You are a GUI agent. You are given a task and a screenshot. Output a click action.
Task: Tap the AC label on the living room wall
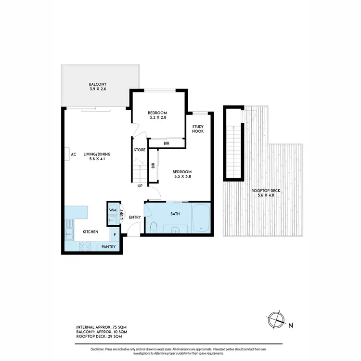pyautogui.click(x=74, y=155)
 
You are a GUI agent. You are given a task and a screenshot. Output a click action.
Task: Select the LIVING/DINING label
pyautogui.click(x=97, y=155)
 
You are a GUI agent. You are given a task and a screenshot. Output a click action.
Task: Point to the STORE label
pyautogui.click(x=140, y=150)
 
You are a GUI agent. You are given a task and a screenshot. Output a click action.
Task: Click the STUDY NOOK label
pyautogui.click(x=198, y=129)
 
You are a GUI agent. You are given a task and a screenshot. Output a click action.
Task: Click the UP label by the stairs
pyautogui.click(x=140, y=186)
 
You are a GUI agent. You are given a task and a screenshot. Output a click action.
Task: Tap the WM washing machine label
pyautogui.click(x=112, y=210)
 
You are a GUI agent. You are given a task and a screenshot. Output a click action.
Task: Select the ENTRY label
pyautogui.click(x=135, y=217)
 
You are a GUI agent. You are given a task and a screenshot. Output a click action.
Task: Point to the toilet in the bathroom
pyautogui.click(x=153, y=227)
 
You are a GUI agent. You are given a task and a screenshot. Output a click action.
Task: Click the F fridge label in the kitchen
pyautogui.click(x=115, y=235)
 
